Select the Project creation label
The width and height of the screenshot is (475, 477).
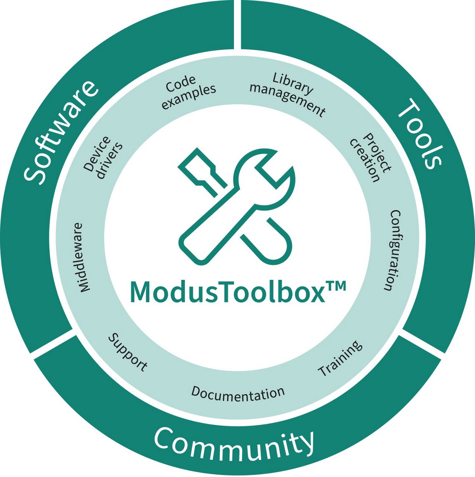click(370, 157)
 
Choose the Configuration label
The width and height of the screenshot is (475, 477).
click(392, 250)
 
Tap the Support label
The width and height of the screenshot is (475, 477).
click(128, 353)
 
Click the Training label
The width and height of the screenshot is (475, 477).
click(340, 358)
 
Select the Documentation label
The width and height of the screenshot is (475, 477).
click(238, 394)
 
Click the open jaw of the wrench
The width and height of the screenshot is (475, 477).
click(273, 171)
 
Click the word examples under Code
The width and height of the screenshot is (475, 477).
click(189, 97)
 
